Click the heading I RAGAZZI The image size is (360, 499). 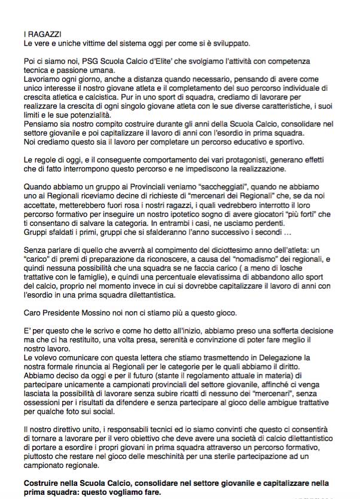click(x=43, y=35)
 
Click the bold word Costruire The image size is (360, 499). click(x=44, y=482)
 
